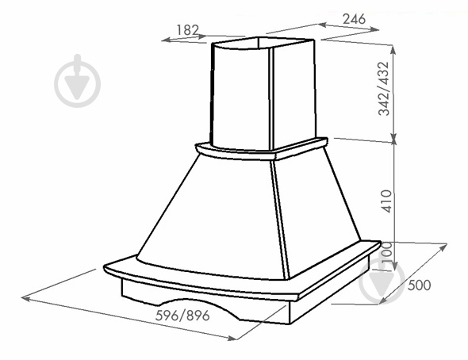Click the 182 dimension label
(187, 30)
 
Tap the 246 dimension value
(354, 19)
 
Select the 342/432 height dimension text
(384, 89)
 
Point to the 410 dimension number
(387, 201)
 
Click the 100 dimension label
(386, 252)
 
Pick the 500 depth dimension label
(420, 285)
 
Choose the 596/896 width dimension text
(182, 316)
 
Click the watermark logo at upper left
(77, 81)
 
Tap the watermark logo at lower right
(382, 281)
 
